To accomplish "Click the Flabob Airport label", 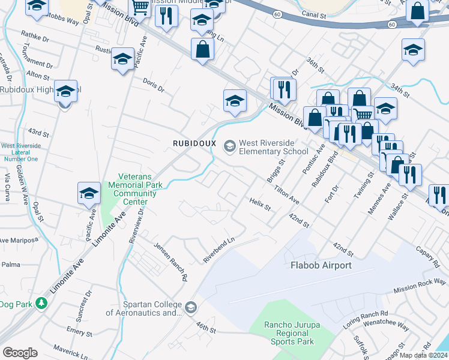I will [321, 265].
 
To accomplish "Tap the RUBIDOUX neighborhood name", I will [194, 143].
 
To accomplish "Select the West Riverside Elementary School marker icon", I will [229, 146].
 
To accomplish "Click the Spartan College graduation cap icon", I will [190, 308].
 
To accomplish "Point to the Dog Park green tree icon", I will [41, 304].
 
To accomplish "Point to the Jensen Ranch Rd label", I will [170, 262].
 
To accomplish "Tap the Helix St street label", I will [261, 205].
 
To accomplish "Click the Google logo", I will [20, 353].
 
